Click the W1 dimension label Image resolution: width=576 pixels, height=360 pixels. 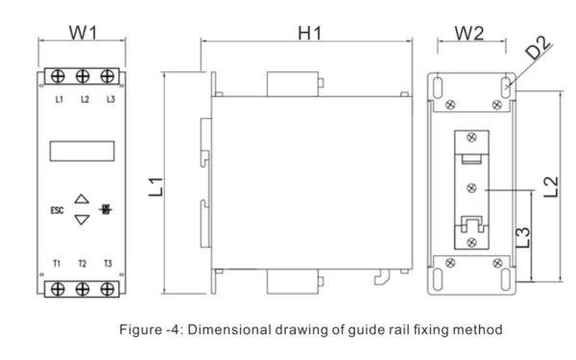tap(84, 33)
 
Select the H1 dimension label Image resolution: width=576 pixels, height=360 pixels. tap(310, 33)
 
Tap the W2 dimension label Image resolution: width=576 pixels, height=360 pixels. tap(469, 34)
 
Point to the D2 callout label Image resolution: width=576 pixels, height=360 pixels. tap(538, 47)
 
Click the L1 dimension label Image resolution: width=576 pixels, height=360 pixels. tap(156, 186)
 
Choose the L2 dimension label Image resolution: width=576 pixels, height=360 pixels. tap(551, 187)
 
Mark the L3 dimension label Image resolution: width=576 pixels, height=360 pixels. tap(523, 237)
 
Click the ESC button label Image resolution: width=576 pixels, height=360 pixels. tap(57, 210)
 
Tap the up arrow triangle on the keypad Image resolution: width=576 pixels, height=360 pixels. tap(82, 199)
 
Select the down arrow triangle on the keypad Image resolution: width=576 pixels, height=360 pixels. tap(82, 220)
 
